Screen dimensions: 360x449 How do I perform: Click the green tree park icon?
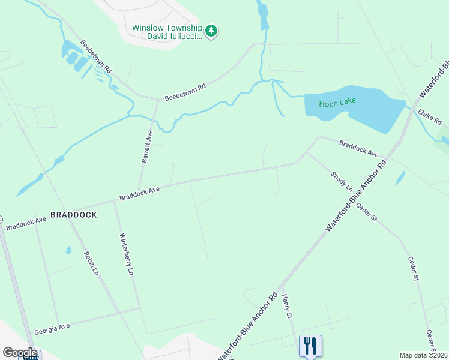[x=211, y=31]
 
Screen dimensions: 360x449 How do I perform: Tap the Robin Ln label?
[x=91, y=262]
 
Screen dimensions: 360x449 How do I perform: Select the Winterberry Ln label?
[x=126, y=253]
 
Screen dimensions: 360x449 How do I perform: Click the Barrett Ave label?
[x=147, y=147]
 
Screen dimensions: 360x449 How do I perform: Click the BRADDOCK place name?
[x=74, y=214]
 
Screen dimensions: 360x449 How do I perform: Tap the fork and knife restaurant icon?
[x=310, y=345]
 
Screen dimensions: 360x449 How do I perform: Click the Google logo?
[x=20, y=353]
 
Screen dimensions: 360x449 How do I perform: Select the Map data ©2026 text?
[x=423, y=355]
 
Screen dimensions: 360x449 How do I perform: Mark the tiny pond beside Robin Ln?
[x=68, y=250]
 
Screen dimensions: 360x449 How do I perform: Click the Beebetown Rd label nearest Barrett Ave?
[x=185, y=92]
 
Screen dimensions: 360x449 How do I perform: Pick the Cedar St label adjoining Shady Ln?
[x=366, y=213]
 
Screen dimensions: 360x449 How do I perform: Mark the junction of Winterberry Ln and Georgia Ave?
[x=140, y=308]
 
